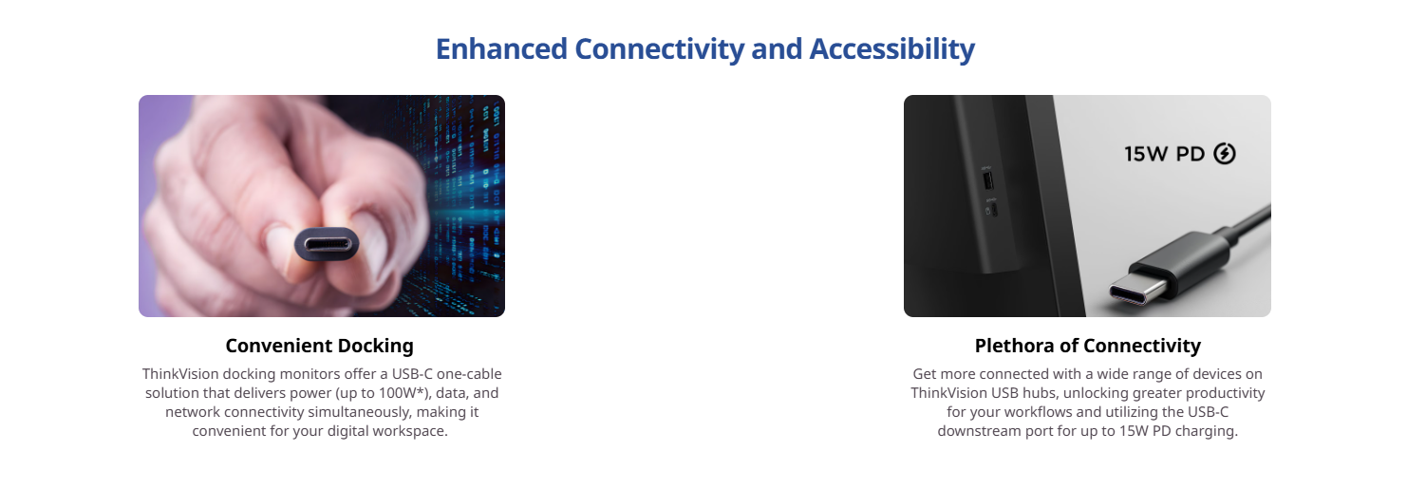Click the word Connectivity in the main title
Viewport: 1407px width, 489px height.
coord(659,49)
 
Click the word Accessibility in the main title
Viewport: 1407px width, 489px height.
coord(891,49)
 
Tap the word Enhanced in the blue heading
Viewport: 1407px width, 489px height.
coord(501,49)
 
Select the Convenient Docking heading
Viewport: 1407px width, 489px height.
coord(320,346)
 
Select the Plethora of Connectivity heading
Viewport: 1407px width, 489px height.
coord(1087,346)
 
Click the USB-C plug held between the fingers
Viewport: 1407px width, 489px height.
coord(327,244)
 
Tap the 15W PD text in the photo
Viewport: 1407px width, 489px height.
coord(1164,154)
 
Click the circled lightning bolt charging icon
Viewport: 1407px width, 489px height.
coord(1224,154)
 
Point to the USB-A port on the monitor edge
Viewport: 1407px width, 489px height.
coord(988,181)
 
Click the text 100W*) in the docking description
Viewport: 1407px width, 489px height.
coord(403,393)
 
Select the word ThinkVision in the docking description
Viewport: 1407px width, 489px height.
coord(180,374)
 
